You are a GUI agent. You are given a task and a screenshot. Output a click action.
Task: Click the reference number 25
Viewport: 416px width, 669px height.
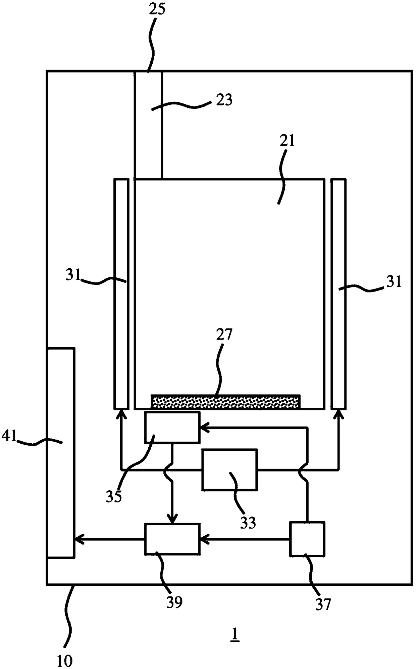tap(157, 9)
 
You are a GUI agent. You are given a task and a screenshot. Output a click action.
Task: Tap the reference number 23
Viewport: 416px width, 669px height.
tap(224, 100)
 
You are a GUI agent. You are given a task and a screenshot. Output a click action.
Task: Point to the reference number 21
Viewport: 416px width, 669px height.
tap(287, 141)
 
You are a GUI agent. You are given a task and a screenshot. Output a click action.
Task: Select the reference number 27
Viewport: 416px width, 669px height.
tap(224, 335)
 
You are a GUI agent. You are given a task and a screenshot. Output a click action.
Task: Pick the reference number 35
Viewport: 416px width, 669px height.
tap(113, 496)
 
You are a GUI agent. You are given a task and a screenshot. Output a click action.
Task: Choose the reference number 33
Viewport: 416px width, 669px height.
tap(248, 523)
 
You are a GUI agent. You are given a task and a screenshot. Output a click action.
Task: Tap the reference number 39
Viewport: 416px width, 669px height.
tap(174, 602)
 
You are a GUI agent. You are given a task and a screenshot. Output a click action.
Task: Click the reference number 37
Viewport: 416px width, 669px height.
tap(323, 604)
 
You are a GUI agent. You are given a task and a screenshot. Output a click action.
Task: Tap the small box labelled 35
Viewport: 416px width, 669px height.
tap(172, 427)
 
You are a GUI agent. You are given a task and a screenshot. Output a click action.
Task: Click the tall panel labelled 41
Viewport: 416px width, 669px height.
tap(61, 453)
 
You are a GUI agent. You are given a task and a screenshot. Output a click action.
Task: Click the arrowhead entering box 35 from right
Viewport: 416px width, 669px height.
tap(203, 428)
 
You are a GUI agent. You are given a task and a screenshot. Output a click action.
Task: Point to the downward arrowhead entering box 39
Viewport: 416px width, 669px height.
tap(172, 520)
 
